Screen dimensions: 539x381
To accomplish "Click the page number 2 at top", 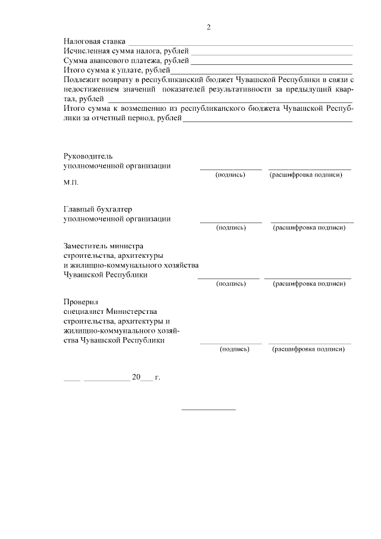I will point(208,27).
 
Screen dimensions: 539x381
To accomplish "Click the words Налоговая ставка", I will point(94,42).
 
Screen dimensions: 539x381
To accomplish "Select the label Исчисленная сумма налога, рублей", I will point(126,51).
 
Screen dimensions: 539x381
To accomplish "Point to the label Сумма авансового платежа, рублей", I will point(126,61).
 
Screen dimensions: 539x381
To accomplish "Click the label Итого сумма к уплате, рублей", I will point(117,70).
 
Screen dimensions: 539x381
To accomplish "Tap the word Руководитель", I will point(88,155).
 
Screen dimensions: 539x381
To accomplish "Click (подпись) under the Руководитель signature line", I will point(230,176).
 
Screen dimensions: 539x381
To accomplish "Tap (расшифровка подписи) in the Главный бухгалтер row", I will point(309,227).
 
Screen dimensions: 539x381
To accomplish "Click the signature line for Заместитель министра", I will point(229,278).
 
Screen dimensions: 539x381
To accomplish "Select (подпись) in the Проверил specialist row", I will point(235,349).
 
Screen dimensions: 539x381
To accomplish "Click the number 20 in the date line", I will point(136,377).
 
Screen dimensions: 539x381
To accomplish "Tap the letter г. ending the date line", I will point(158,377).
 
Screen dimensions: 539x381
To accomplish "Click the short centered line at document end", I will point(208,409).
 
